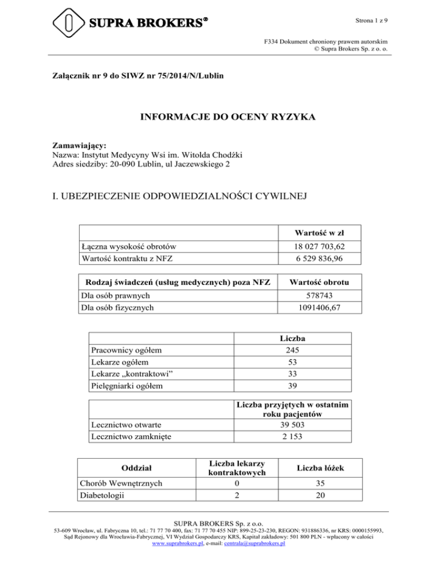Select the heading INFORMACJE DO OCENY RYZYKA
point(219,119)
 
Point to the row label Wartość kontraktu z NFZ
point(126,259)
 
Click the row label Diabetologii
point(107,491)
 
